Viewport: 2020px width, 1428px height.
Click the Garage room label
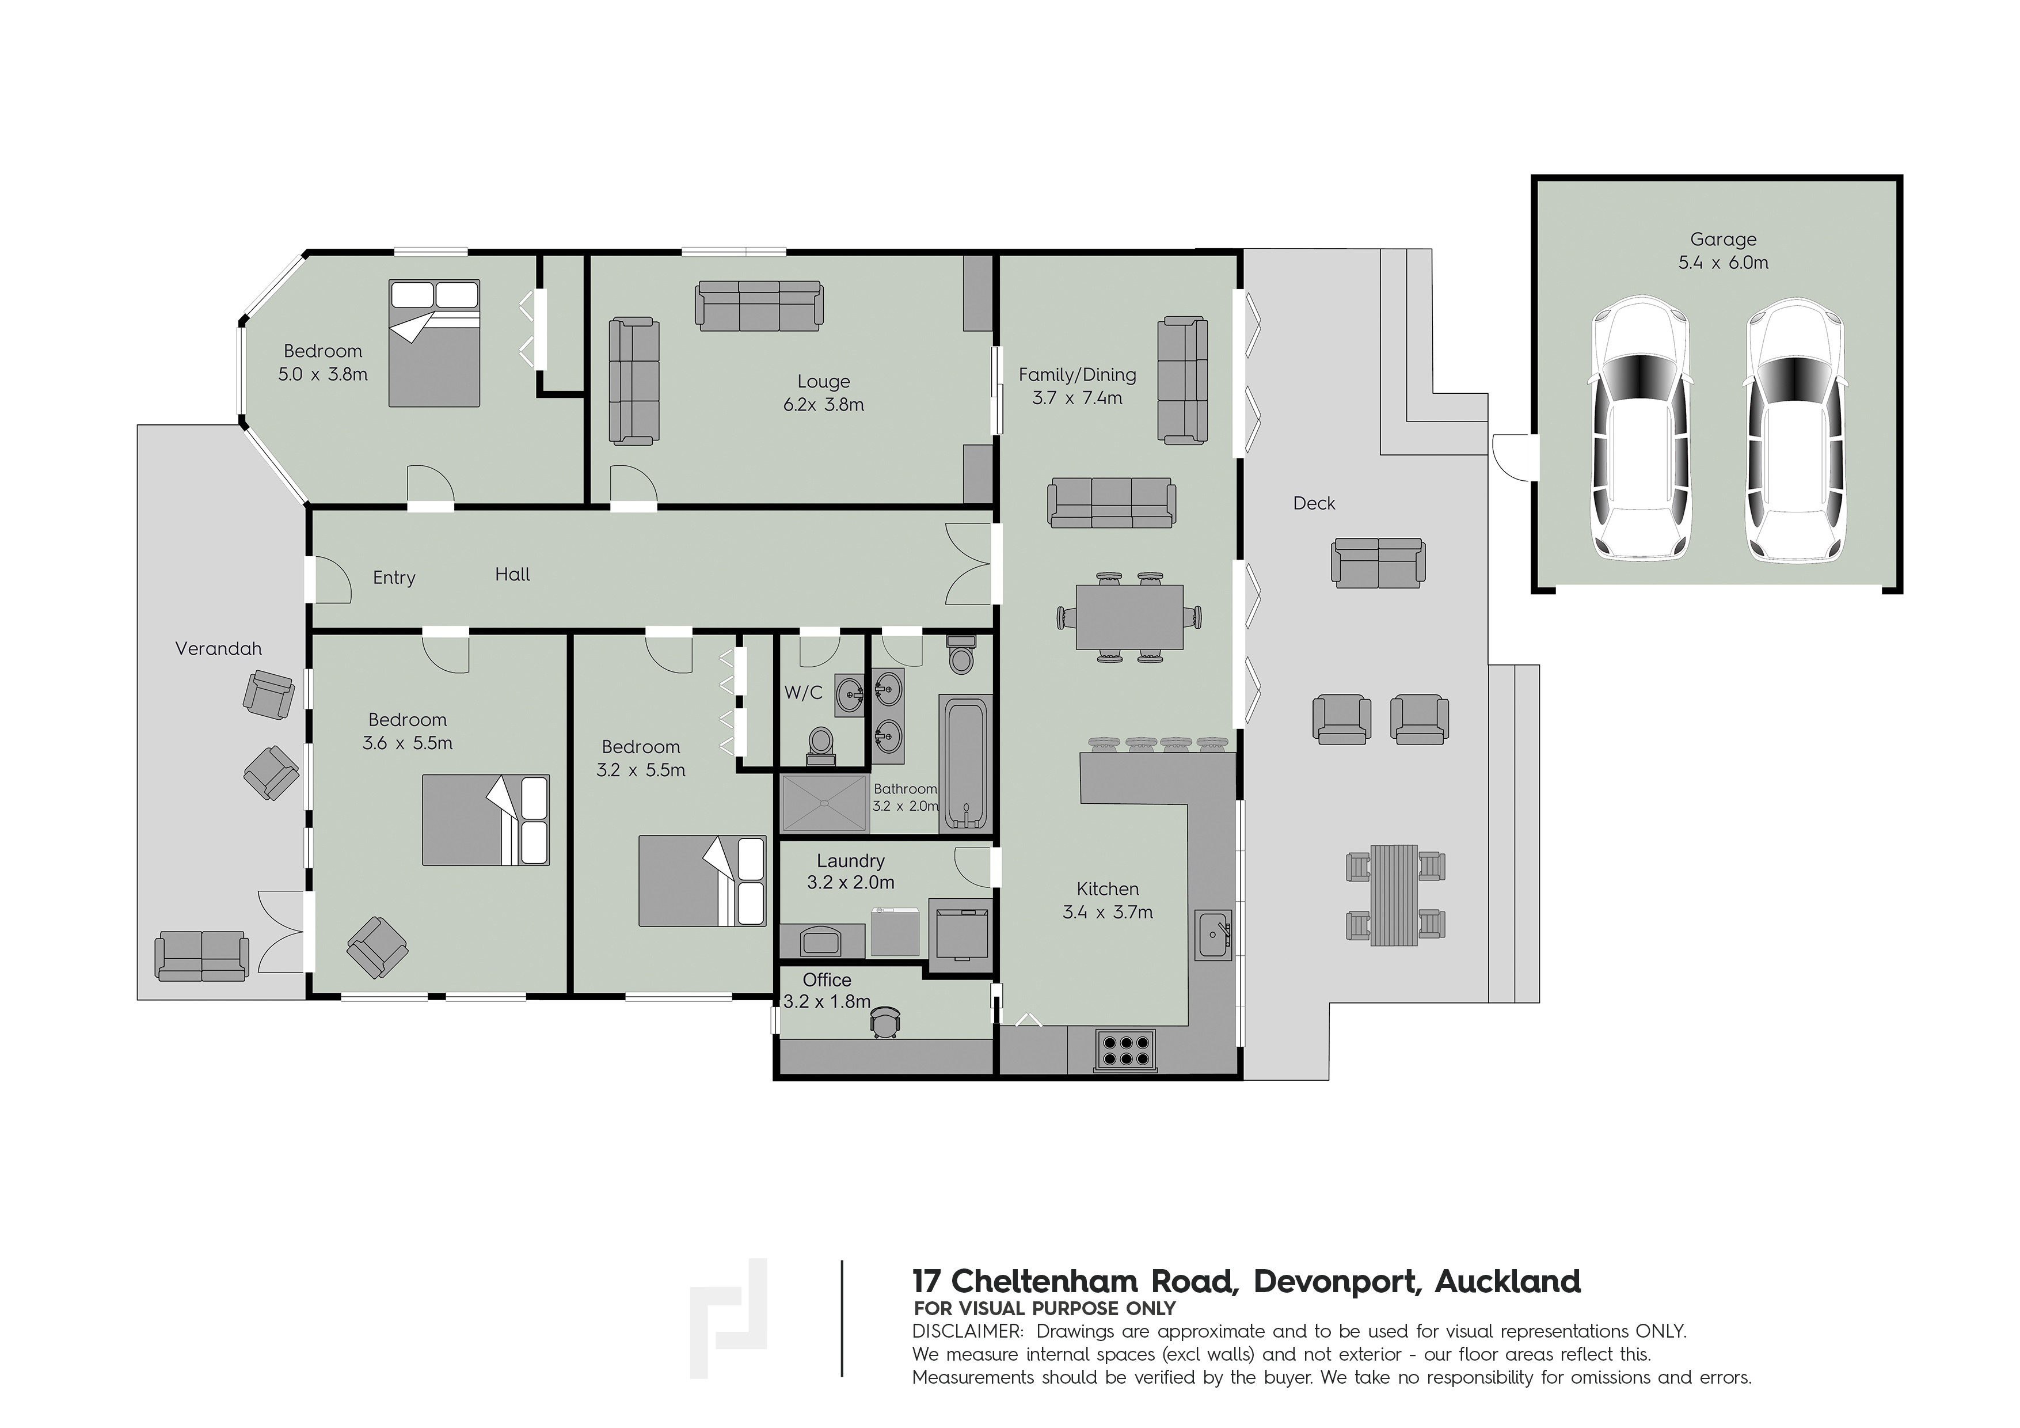click(x=1722, y=240)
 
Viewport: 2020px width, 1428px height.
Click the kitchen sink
click(x=1213, y=935)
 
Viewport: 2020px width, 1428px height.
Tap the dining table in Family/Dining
click(x=1129, y=617)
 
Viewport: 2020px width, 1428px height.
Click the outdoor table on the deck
click(x=1394, y=895)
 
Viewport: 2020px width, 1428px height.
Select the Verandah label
click(x=218, y=650)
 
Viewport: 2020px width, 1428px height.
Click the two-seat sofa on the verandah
click(x=201, y=955)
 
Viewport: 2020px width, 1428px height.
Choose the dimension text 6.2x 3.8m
click(x=823, y=405)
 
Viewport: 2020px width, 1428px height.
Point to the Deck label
click(x=1314, y=503)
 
